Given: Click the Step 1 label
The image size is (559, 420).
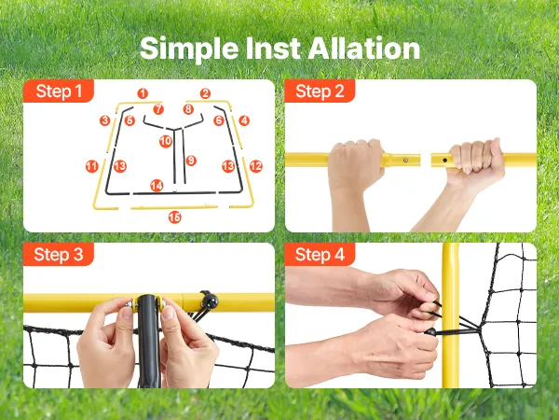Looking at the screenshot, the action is point(59,91).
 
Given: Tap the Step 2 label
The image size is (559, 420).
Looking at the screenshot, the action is point(320,91).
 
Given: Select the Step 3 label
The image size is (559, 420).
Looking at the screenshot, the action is point(59,255).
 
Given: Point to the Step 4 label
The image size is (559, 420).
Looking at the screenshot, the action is point(320,255).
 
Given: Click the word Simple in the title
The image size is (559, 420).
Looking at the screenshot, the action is point(189,49).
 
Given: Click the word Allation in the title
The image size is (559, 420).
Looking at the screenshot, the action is point(363,49).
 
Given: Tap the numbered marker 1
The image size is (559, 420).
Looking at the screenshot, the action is point(143,93).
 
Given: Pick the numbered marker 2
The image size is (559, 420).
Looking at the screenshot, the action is point(205,93).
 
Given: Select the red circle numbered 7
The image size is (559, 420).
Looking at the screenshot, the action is point(158,109).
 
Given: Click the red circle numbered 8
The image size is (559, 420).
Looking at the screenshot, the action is point(188,109).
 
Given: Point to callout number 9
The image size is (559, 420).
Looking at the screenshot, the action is point(191,161).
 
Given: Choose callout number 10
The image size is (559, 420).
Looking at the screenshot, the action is point(166,142).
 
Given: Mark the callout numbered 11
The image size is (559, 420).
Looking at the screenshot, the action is point(92,166).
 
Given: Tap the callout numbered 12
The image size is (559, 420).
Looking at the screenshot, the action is point(255,166).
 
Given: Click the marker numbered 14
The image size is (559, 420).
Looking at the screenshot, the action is point(157,186).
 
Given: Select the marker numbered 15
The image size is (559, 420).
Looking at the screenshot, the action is point(175,217).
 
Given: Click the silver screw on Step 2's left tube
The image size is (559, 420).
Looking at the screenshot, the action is point(405,161).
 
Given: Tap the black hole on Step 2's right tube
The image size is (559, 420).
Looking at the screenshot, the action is point(444,161).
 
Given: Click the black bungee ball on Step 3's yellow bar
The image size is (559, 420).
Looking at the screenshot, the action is point(210,301).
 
